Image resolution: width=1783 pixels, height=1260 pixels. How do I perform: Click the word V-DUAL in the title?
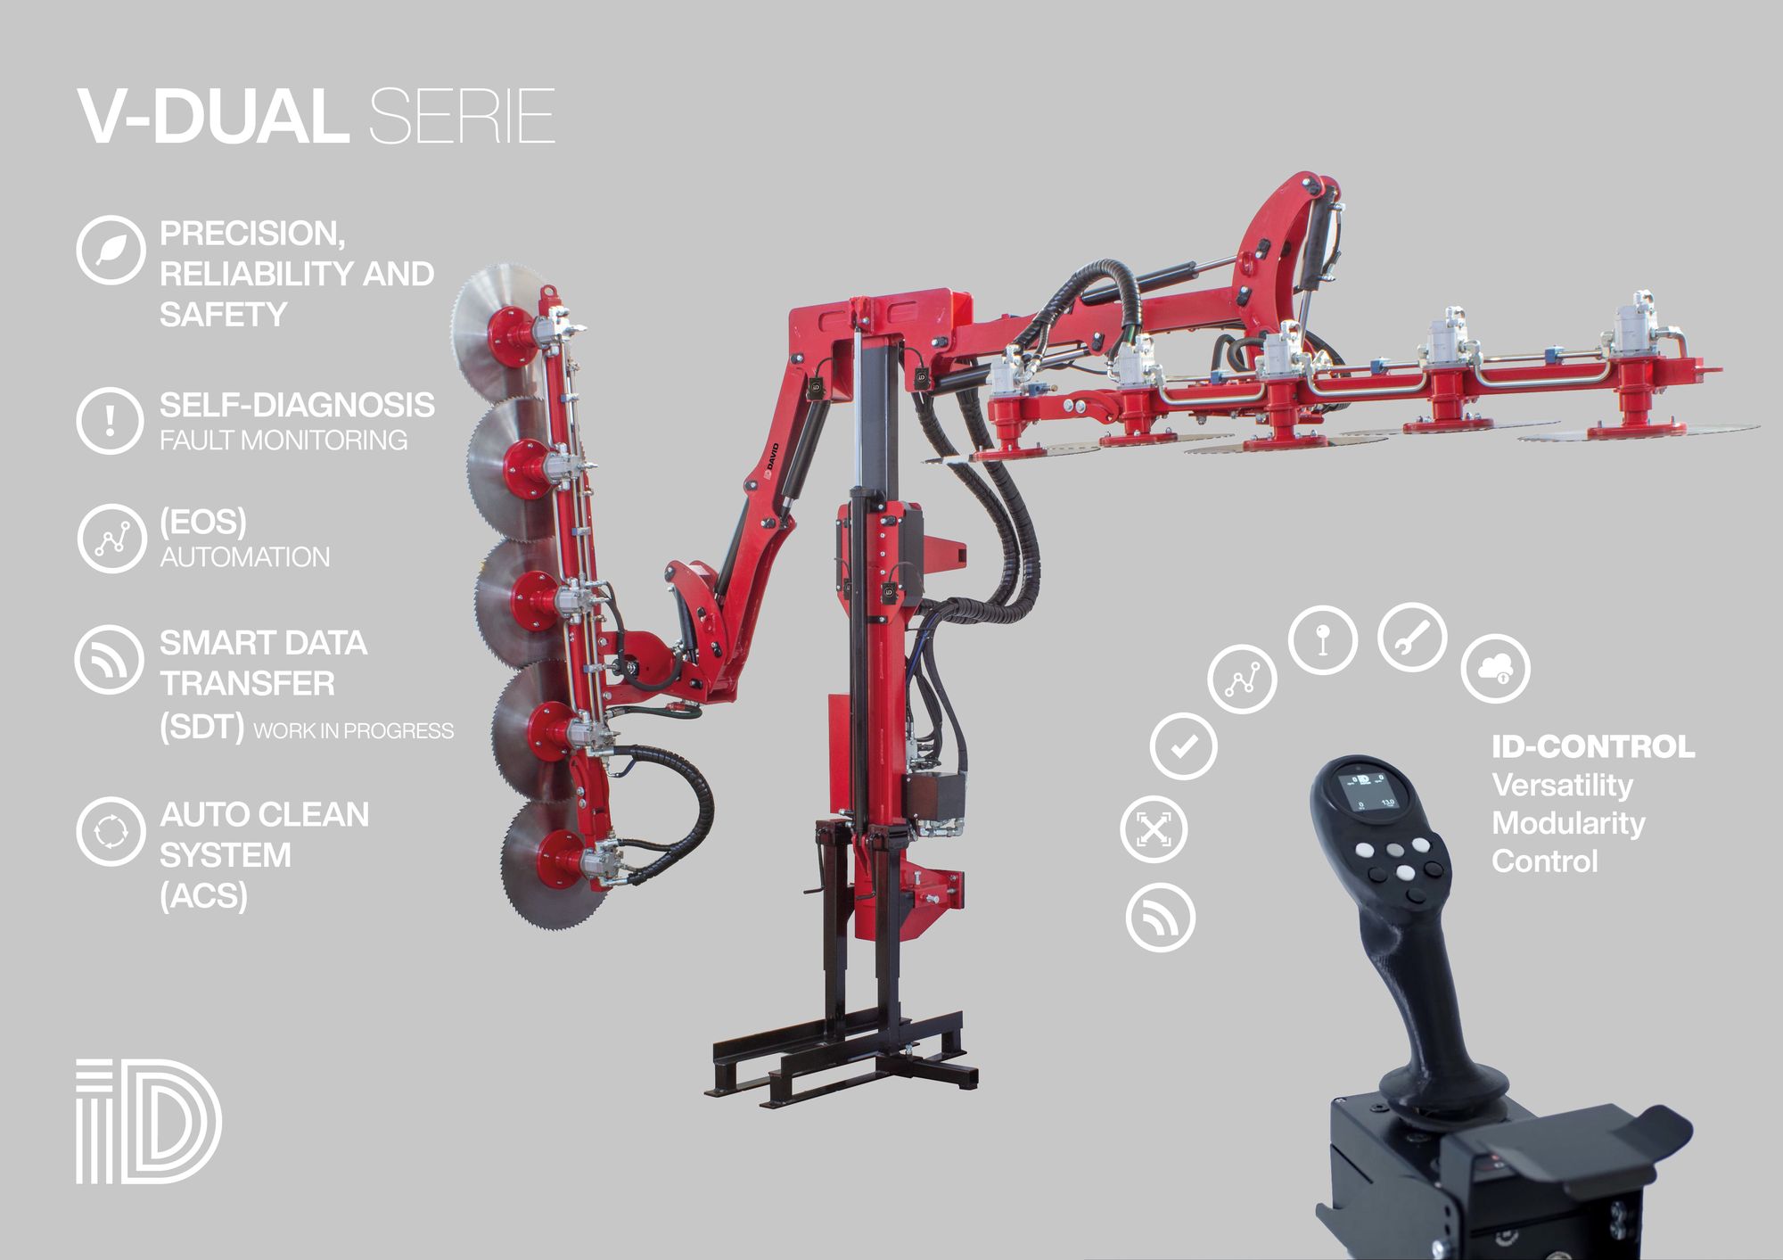pos(212,116)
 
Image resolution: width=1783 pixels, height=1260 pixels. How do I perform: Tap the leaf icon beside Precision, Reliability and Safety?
pos(110,250)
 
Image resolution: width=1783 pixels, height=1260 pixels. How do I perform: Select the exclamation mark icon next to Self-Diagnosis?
pos(110,420)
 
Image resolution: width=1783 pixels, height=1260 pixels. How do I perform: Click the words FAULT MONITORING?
pos(283,441)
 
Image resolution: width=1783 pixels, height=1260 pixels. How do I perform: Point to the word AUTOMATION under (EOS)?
pos(245,557)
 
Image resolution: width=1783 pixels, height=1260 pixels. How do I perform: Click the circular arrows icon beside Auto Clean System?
pos(110,831)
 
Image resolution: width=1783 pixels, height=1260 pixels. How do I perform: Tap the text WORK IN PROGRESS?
pos(354,731)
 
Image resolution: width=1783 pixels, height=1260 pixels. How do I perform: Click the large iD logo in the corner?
pos(148,1122)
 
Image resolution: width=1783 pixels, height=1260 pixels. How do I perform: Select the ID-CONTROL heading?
pos(1593,747)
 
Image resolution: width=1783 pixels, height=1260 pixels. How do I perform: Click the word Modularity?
pos(1568,823)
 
